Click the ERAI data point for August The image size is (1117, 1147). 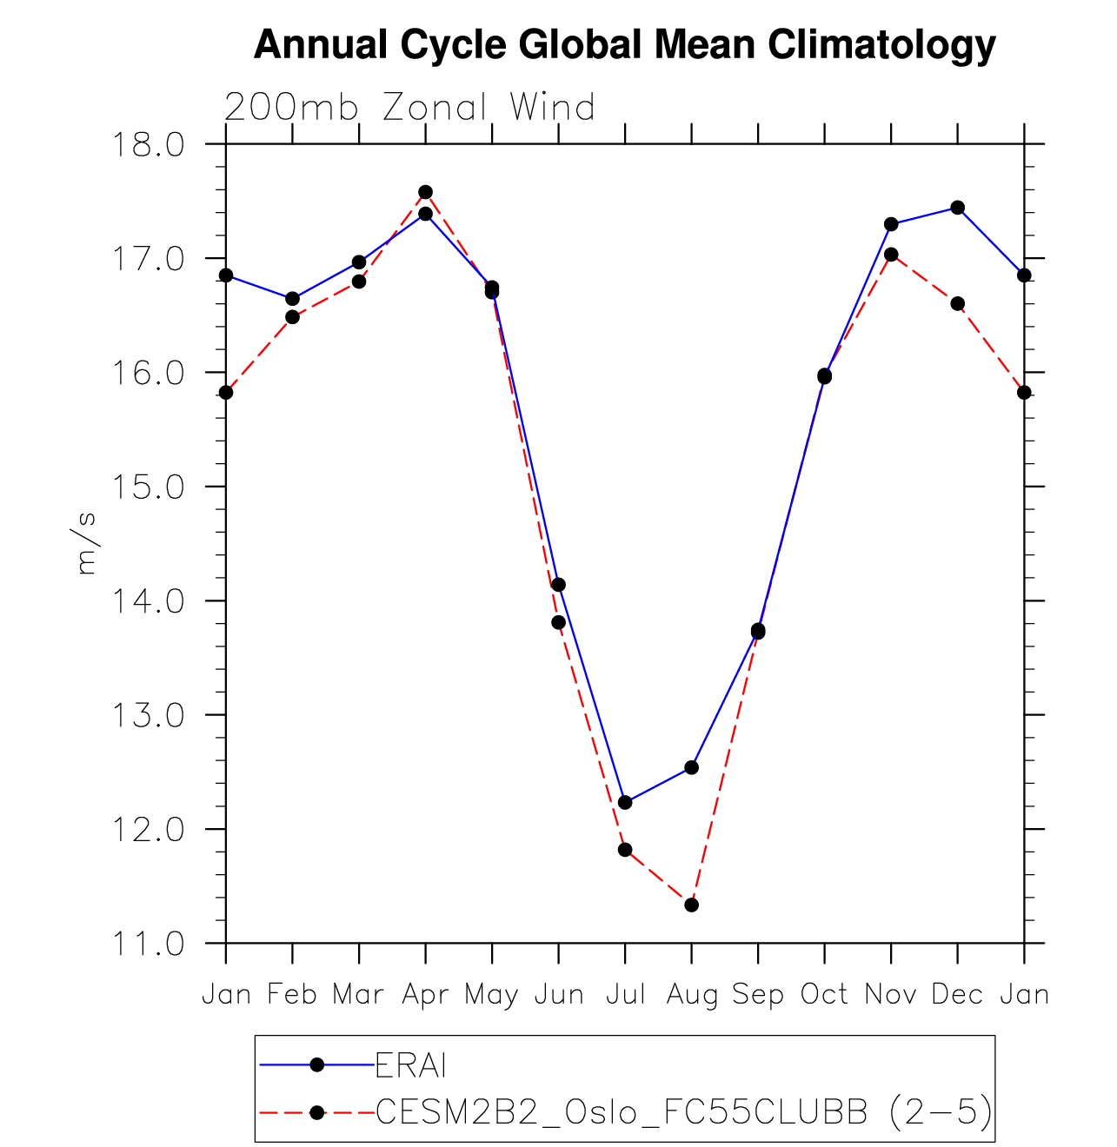pyautogui.click(x=691, y=767)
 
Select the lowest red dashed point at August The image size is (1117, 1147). pyautogui.click(x=691, y=905)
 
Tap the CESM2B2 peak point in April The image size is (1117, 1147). pyautogui.click(x=425, y=192)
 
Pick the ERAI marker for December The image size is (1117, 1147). pyautogui.click(x=957, y=208)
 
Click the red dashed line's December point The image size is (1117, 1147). pyautogui.click(x=957, y=303)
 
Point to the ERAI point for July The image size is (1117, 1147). pyautogui.click(x=625, y=802)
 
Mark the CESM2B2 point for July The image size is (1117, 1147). pyautogui.click(x=625, y=849)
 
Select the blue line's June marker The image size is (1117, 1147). pyautogui.click(x=558, y=585)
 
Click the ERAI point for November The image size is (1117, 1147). pyautogui.click(x=891, y=224)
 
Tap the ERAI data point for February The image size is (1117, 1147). pyautogui.click(x=292, y=299)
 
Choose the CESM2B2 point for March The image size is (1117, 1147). pyautogui.click(x=359, y=282)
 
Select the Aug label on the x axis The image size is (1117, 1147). pyautogui.click(x=692, y=994)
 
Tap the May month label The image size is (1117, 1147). pyautogui.click(x=491, y=994)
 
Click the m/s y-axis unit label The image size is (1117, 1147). pyautogui.click(x=86, y=543)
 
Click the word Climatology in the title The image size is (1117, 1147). pyautogui.click(x=880, y=44)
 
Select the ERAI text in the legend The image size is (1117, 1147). pyautogui.click(x=410, y=1065)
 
